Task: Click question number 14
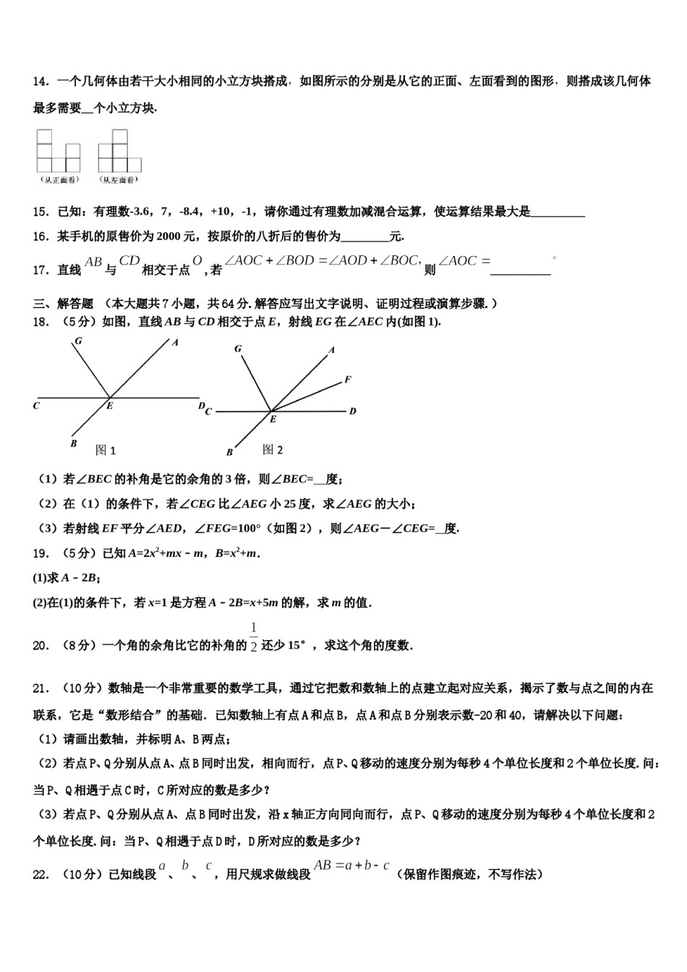click(40, 82)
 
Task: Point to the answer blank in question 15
click(558, 212)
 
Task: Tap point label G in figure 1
click(77, 341)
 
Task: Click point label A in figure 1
click(175, 342)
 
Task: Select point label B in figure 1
click(74, 443)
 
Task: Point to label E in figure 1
click(110, 406)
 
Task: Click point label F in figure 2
click(348, 380)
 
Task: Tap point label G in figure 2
click(238, 349)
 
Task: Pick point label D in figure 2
click(353, 412)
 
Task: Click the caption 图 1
click(106, 451)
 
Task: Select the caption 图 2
click(273, 450)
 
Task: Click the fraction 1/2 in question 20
click(253, 636)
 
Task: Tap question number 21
click(40, 688)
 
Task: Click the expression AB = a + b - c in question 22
click(352, 865)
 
